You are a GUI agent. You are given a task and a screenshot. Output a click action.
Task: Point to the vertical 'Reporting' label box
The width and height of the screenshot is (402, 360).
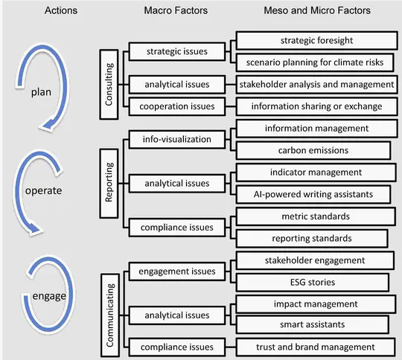pyautogui.click(x=108, y=183)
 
